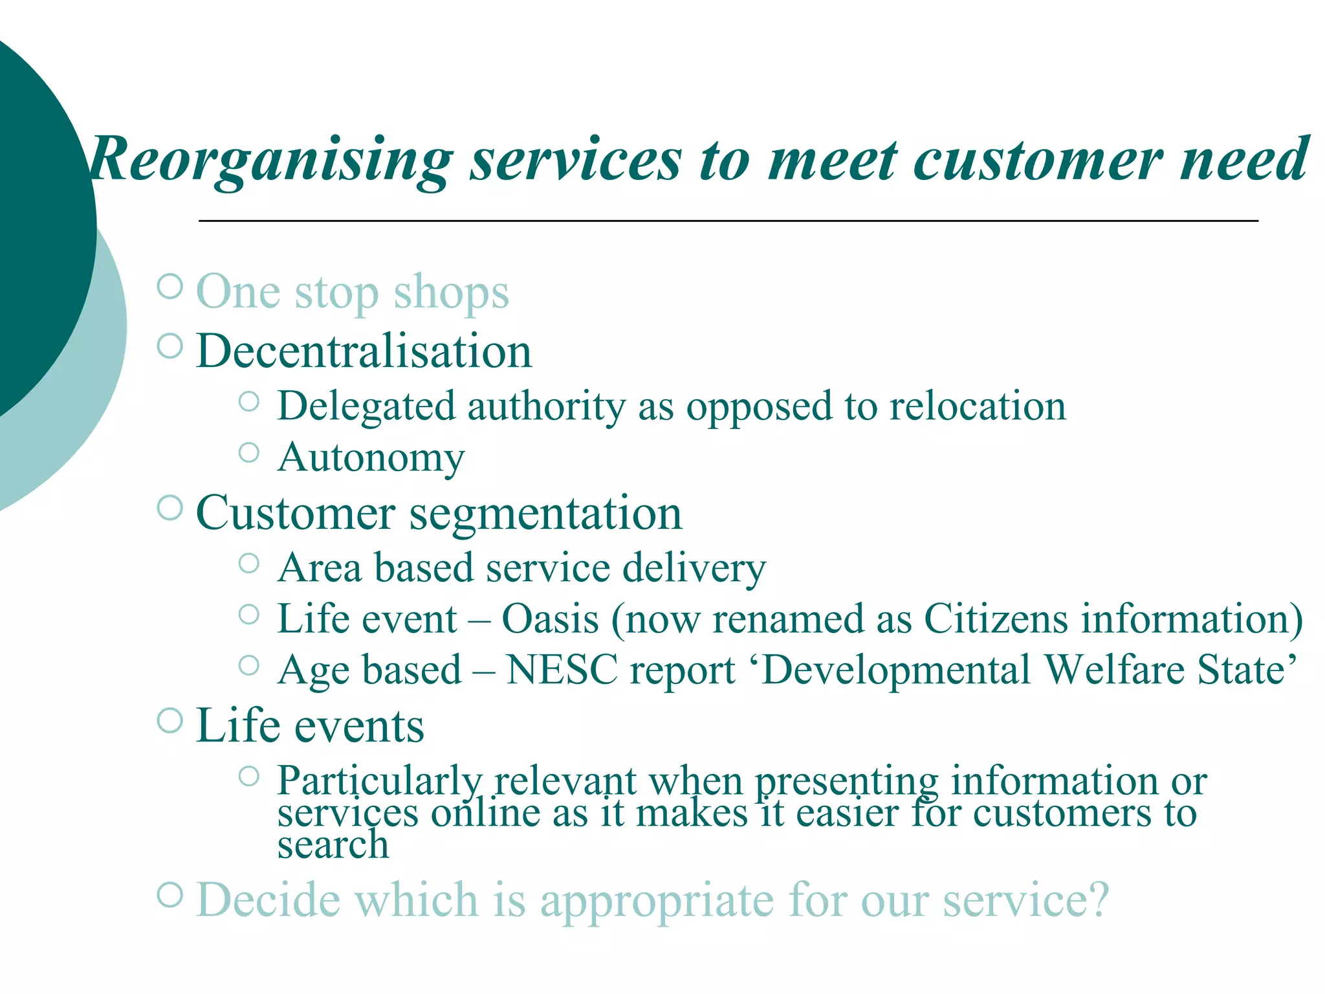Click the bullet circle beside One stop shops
tap(170, 286)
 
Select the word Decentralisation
tap(364, 351)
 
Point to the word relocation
tap(977, 407)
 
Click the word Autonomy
tap(371, 458)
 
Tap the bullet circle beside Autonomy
tap(249, 452)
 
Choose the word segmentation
tap(545, 514)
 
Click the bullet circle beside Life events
tap(170, 720)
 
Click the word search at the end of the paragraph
tap(333, 845)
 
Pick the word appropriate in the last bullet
tap(656, 901)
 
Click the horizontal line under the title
tap(728, 221)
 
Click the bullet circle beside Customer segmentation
tap(170, 508)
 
